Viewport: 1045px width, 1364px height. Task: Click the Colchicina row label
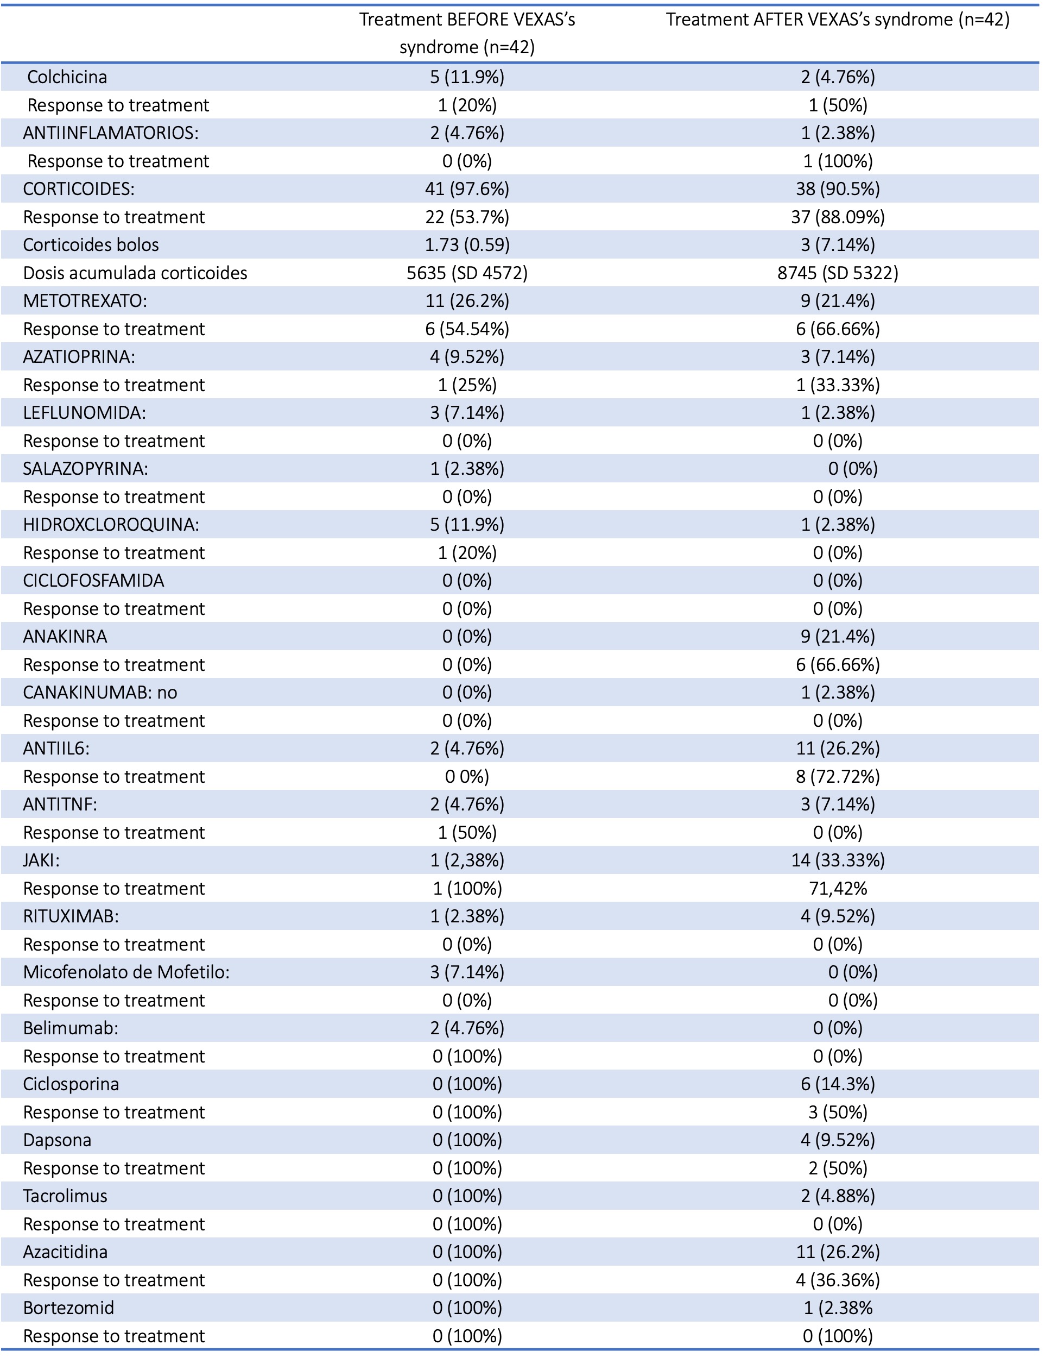pos(67,77)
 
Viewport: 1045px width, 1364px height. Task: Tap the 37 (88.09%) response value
pos(837,217)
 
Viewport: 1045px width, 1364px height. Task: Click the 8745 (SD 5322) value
pos(837,273)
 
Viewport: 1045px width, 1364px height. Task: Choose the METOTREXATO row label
pos(85,300)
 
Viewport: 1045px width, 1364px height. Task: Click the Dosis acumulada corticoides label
pos(135,273)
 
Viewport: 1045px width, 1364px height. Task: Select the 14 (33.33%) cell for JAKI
pos(837,860)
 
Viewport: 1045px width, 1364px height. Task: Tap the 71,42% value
pos(837,888)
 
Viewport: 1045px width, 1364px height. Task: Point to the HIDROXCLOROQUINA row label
pos(111,525)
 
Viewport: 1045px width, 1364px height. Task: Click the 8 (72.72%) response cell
pos(837,777)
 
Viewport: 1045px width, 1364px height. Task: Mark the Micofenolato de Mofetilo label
pos(126,972)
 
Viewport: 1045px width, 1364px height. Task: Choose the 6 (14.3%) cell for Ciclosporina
pos(837,1084)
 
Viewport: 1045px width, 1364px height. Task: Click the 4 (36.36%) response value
pos(837,1280)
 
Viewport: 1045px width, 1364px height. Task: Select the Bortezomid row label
pos(68,1308)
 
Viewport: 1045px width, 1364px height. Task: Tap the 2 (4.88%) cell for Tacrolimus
pos(837,1196)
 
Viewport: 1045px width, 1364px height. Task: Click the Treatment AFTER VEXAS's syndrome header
pos(837,20)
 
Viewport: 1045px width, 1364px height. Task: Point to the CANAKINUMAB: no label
pos(99,692)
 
